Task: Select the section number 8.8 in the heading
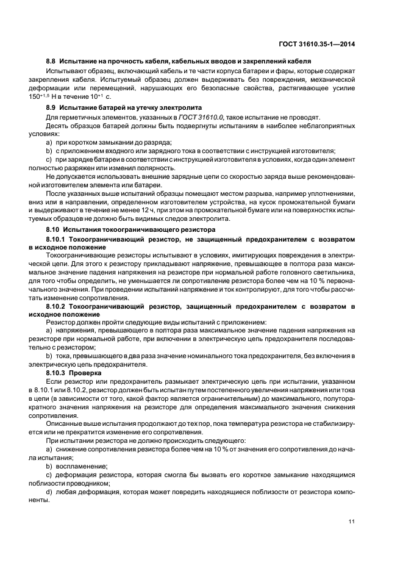tap(52, 61)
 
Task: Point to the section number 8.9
tap(52, 107)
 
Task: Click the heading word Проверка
tap(85, 372)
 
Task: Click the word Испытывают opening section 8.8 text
tap(66, 70)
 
